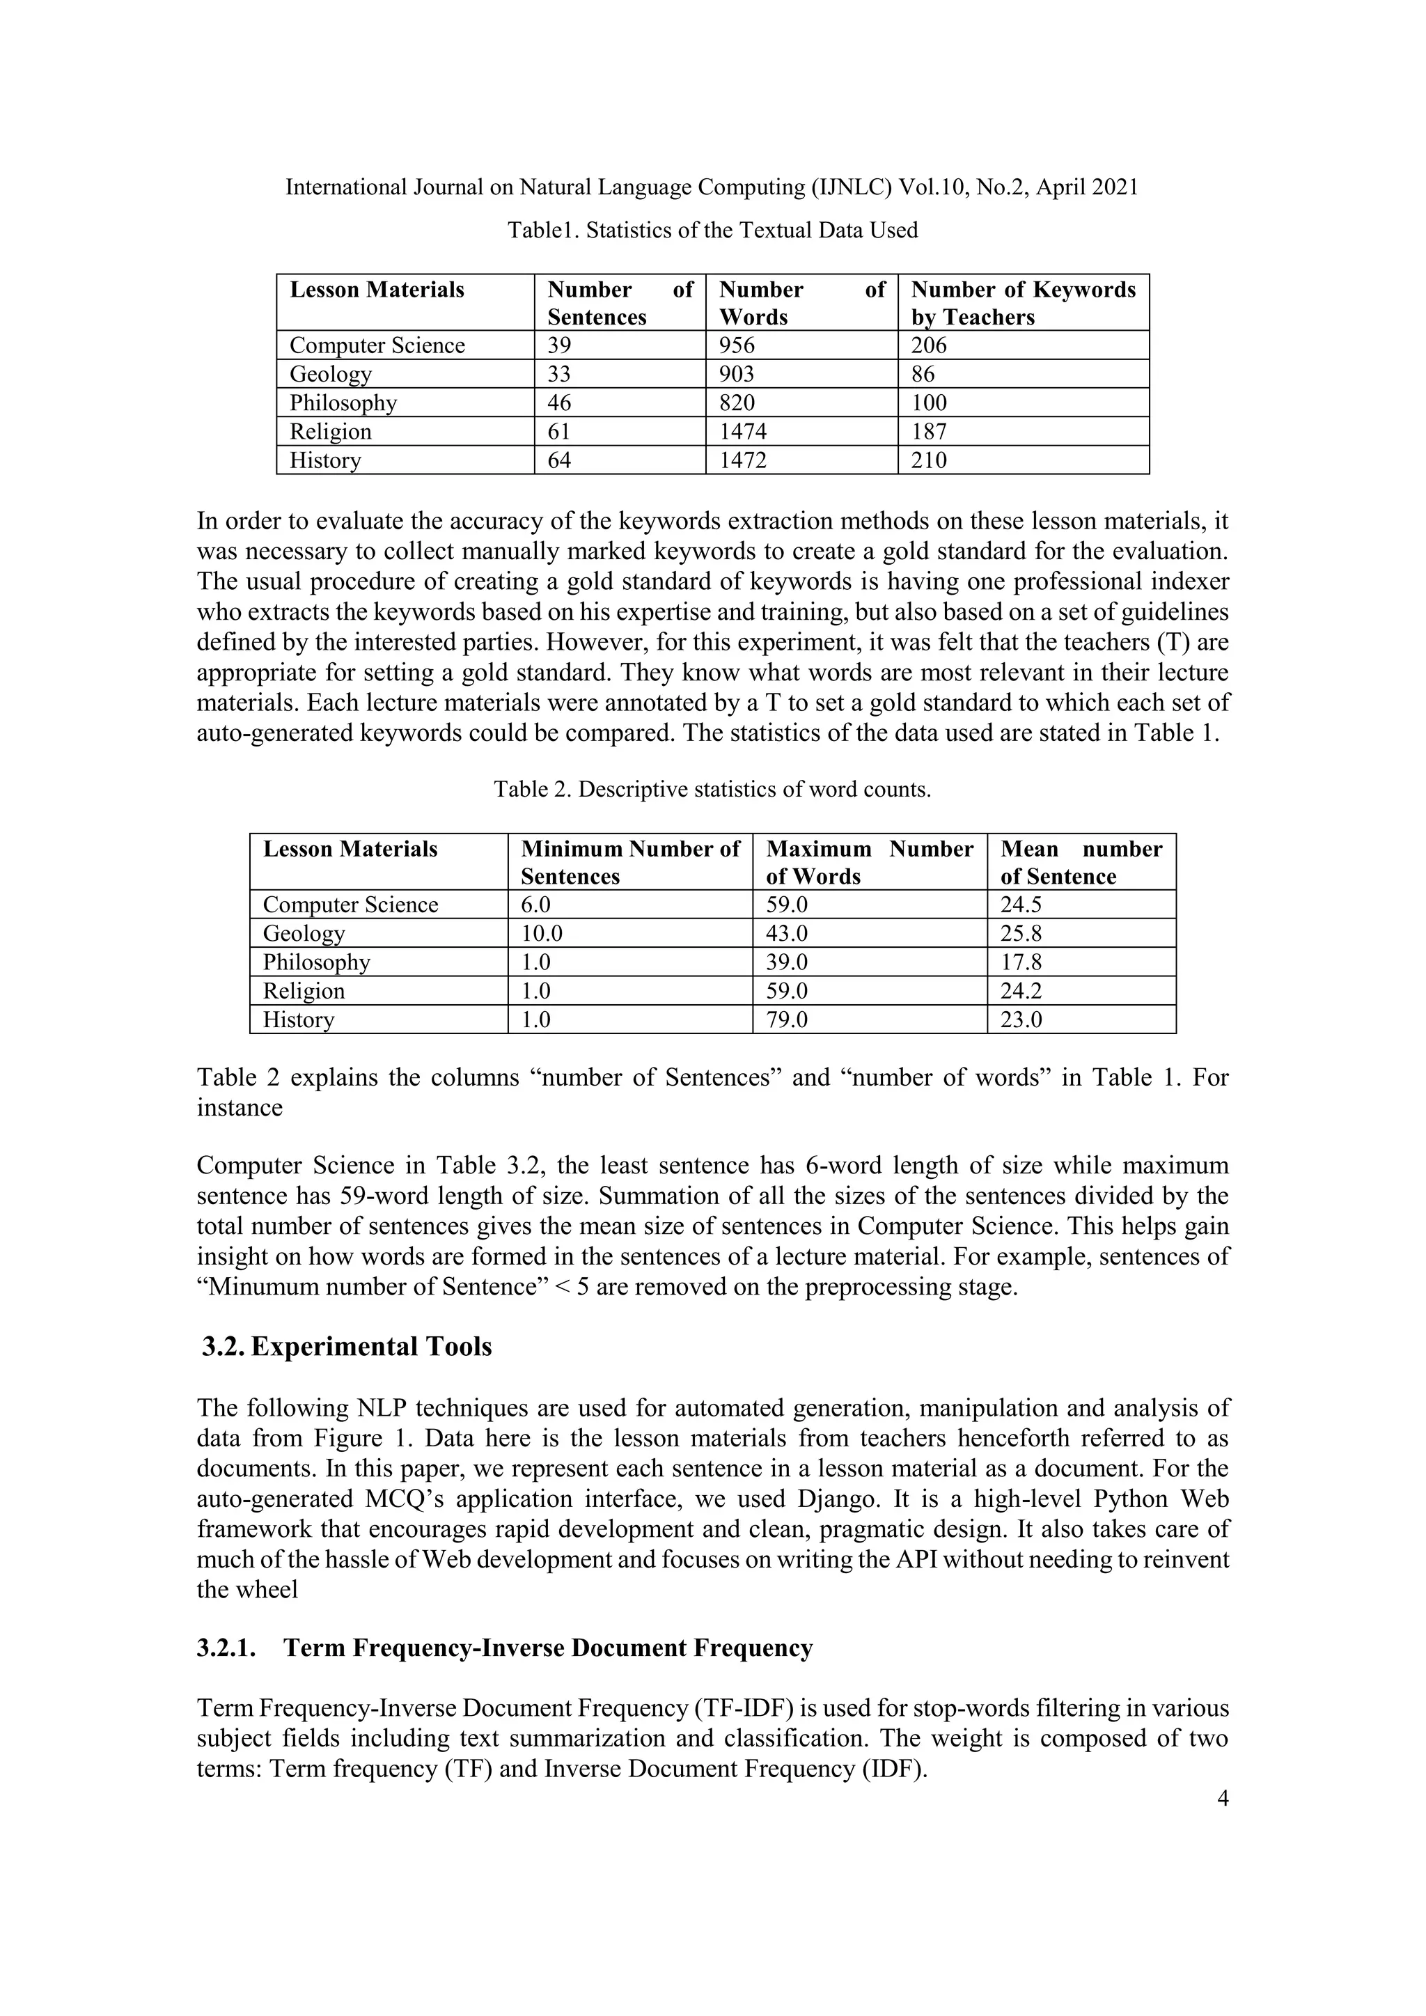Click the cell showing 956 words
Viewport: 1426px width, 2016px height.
[x=737, y=345]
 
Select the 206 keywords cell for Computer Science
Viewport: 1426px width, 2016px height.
[x=929, y=345]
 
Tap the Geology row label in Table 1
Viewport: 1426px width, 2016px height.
[x=331, y=374]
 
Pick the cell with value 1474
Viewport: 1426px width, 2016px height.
[x=743, y=431]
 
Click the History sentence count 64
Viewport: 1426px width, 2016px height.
[x=559, y=460]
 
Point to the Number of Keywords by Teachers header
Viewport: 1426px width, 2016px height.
[x=1023, y=303]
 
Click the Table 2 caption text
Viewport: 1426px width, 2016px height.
[x=712, y=790]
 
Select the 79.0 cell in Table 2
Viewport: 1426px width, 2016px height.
[x=787, y=1019]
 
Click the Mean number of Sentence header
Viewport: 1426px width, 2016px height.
[x=1081, y=862]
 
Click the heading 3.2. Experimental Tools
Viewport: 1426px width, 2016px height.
[x=347, y=1347]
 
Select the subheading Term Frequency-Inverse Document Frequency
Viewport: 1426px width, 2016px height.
[x=548, y=1648]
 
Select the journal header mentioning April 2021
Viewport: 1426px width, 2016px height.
[x=712, y=187]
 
